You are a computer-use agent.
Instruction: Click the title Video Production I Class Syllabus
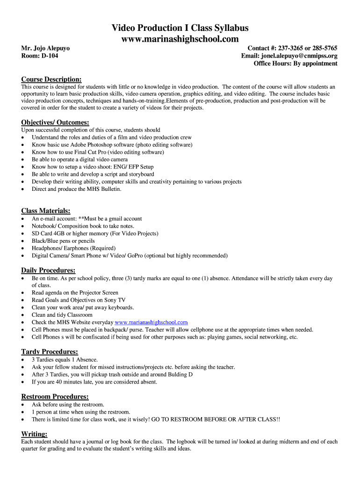click(180, 28)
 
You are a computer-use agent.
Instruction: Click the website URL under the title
click(180, 39)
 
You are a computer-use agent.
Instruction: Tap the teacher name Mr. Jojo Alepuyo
click(45, 48)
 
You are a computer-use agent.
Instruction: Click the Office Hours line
click(295, 63)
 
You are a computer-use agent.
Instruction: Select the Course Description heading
click(51, 79)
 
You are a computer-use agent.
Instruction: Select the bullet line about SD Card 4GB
click(95, 233)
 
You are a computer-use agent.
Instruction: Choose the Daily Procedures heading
click(48, 270)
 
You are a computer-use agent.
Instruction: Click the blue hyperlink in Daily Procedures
click(151, 322)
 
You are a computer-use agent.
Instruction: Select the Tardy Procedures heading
click(50, 352)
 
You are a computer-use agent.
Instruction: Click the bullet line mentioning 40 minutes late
click(94, 382)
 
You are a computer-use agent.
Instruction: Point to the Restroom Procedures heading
click(55, 397)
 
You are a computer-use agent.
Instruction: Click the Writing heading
click(34, 434)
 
